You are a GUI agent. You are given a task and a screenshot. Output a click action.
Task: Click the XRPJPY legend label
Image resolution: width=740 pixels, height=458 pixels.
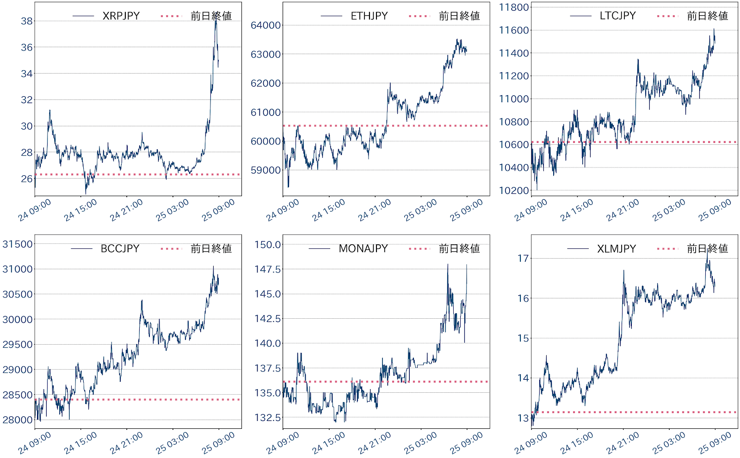pyautogui.click(x=121, y=16)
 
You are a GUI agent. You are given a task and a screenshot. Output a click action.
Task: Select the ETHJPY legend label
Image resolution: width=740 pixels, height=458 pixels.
pyautogui.click(x=369, y=16)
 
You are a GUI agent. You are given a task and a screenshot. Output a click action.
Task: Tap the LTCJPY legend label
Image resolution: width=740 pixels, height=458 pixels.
pyautogui.click(x=617, y=16)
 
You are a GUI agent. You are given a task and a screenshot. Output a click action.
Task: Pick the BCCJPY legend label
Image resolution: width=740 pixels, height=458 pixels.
pyautogui.click(x=120, y=248)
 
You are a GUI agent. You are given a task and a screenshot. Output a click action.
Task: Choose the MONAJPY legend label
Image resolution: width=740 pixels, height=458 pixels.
pyautogui.click(x=363, y=248)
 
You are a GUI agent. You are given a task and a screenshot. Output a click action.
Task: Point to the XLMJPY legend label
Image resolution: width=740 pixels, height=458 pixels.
pyautogui.click(x=617, y=248)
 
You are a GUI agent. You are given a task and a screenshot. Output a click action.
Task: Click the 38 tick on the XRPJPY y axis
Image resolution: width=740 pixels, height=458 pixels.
pyautogui.click(x=27, y=21)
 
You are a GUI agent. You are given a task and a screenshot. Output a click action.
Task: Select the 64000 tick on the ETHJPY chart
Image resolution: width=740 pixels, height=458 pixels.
pyautogui.click(x=265, y=25)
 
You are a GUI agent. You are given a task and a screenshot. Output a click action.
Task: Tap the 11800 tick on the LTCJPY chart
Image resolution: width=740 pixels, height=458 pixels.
pyautogui.click(x=514, y=7)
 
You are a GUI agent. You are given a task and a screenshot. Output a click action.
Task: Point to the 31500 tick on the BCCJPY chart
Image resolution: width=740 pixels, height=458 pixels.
pyautogui.click(x=18, y=244)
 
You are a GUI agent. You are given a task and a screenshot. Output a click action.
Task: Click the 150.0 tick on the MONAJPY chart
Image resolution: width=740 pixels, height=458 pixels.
pyautogui.click(x=267, y=244)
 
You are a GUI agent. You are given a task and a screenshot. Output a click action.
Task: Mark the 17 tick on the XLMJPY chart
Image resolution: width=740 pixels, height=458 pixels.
pyautogui.click(x=523, y=258)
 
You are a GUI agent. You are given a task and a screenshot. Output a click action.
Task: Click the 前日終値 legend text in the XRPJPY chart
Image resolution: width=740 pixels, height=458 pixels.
pyautogui.click(x=211, y=16)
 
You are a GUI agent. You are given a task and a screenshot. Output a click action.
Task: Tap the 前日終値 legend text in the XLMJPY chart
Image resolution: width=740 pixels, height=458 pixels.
pyautogui.click(x=707, y=248)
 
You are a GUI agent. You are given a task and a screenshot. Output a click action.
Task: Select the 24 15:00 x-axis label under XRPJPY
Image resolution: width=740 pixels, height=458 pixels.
pyautogui.click(x=80, y=210)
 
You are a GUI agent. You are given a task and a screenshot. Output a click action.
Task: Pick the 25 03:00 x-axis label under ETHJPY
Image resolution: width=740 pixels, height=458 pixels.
pyautogui.click(x=420, y=210)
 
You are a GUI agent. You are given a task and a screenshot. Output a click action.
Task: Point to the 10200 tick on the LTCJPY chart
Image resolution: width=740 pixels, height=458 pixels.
pyautogui.click(x=514, y=191)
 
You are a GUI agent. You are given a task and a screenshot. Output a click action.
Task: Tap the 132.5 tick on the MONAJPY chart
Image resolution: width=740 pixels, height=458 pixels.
pyautogui.click(x=267, y=417)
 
